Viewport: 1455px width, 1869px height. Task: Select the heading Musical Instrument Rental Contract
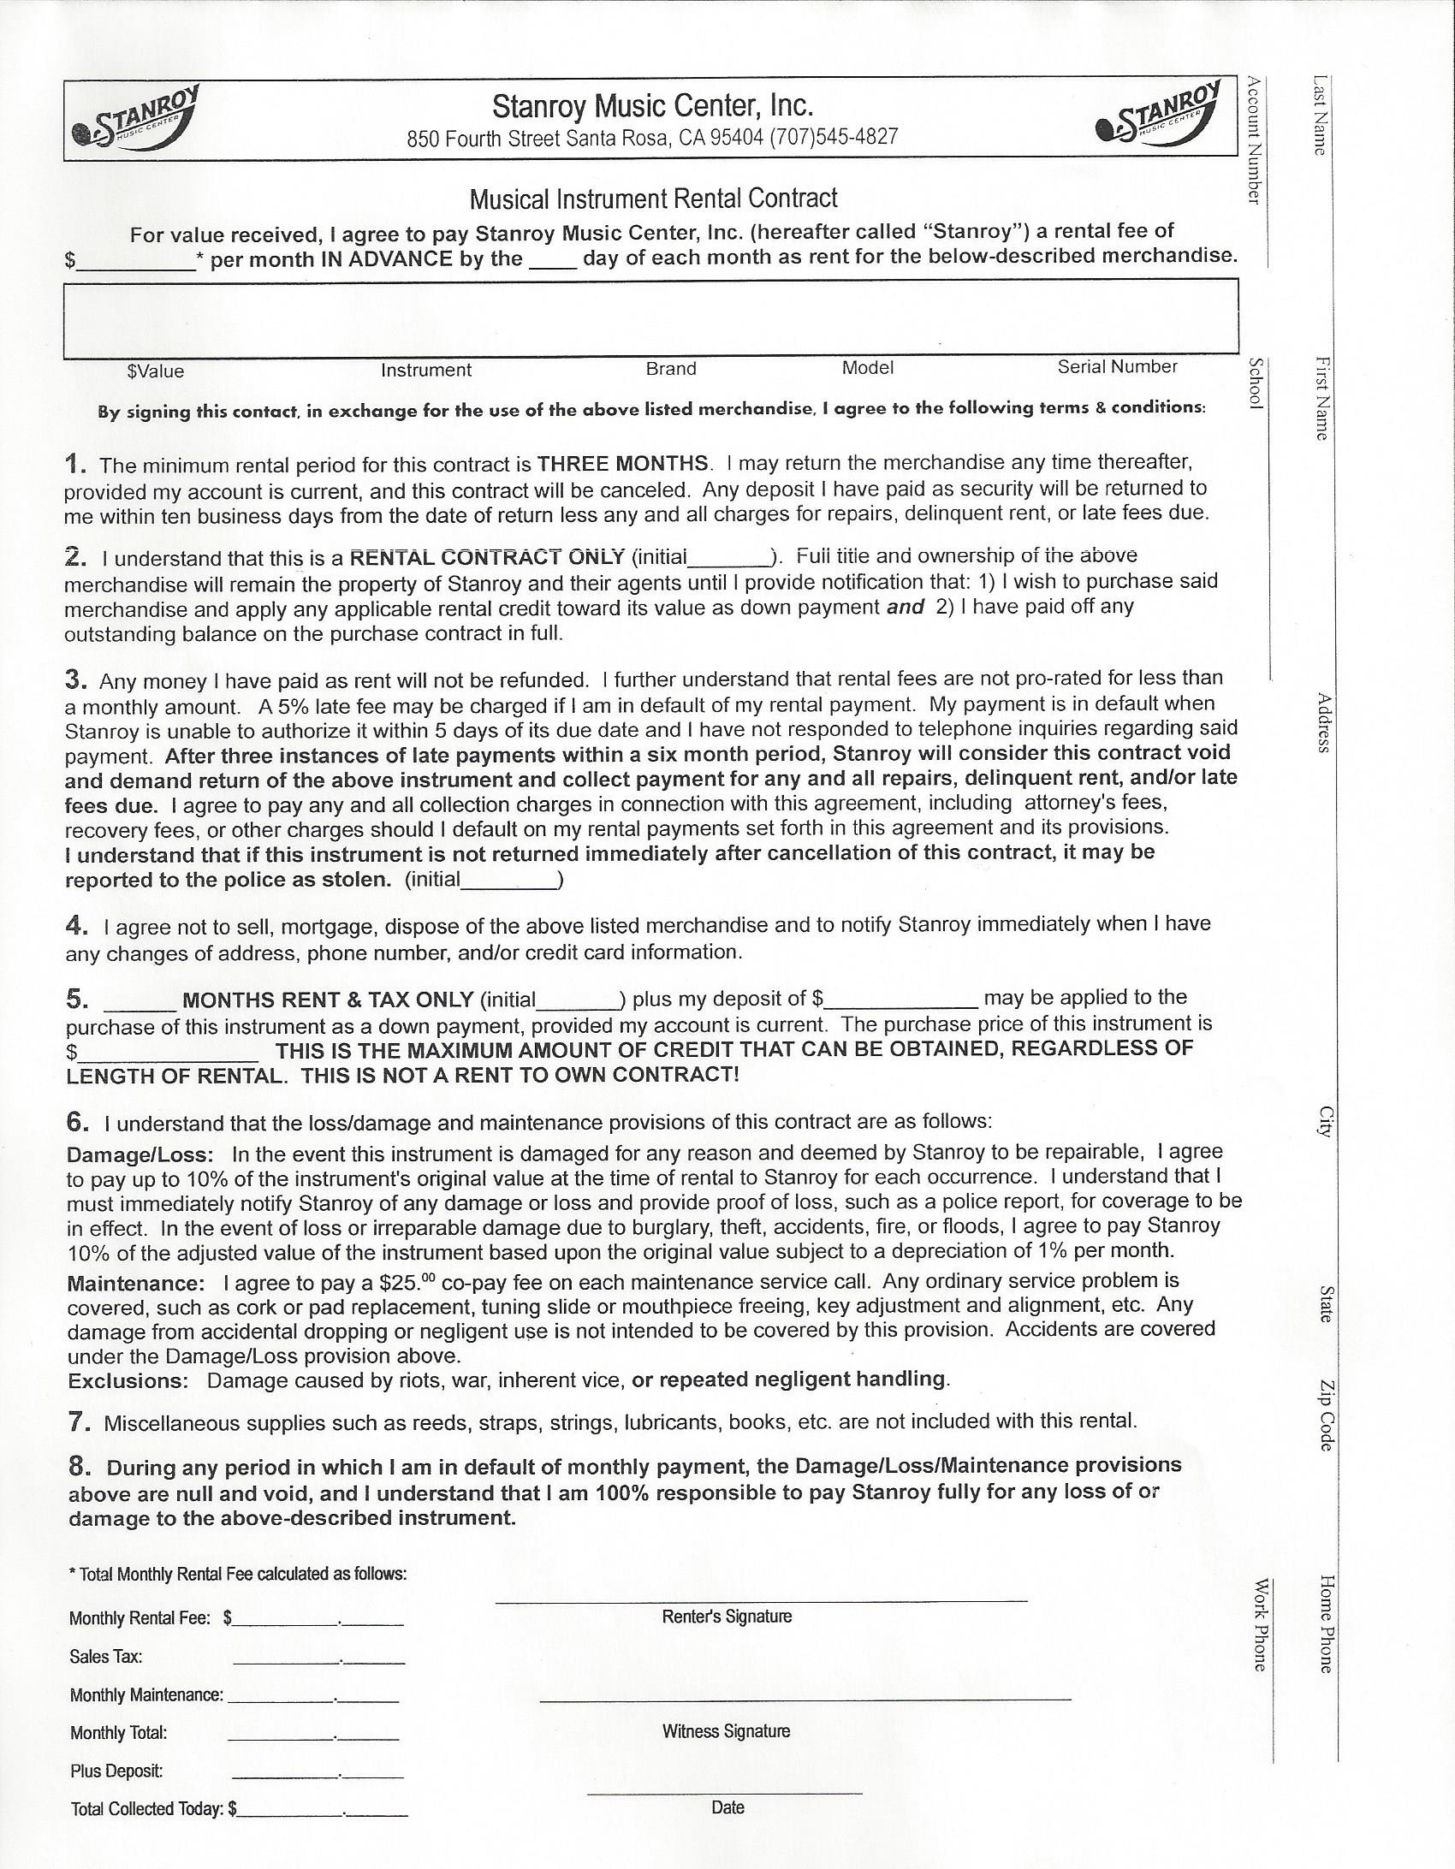tap(653, 199)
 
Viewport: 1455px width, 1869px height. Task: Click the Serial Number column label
tap(1117, 366)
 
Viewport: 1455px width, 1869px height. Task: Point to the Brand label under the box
tap(671, 368)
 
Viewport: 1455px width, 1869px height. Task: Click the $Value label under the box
tap(156, 371)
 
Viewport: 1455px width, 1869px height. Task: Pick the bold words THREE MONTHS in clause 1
tap(622, 464)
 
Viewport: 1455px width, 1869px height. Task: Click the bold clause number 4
tap(75, 925)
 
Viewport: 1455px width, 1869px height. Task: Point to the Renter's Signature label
tap(727, 1616)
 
